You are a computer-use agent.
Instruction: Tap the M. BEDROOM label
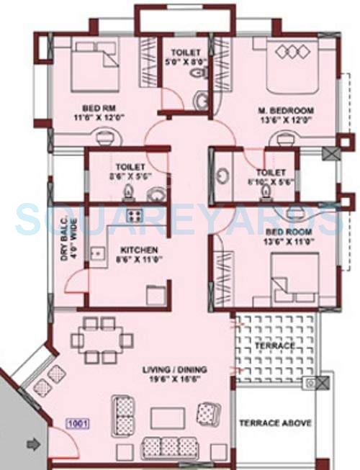287,115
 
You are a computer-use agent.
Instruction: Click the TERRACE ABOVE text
275,423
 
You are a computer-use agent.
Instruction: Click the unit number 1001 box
77,425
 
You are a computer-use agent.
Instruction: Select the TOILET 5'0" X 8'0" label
184,57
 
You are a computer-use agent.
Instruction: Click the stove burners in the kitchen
133,215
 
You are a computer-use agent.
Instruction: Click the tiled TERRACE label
276,346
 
